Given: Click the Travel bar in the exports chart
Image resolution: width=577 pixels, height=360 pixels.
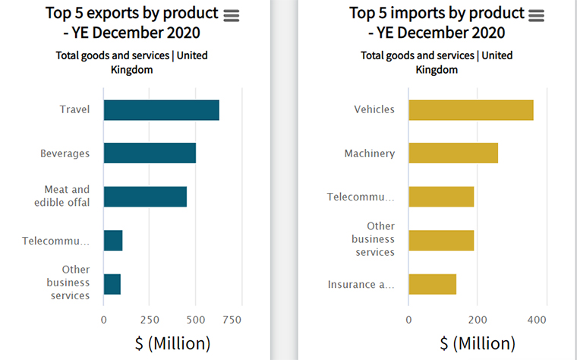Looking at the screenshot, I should point(161,110).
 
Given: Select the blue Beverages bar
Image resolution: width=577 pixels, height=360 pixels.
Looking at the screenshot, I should point(150,153).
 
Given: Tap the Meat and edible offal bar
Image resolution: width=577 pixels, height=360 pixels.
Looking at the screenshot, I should point(145,197).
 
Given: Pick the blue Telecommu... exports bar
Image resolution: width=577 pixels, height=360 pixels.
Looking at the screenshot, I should point(113,241).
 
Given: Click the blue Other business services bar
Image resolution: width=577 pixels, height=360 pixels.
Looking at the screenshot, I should point(112,284).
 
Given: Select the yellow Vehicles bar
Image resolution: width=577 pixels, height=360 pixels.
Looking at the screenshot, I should point(471,109).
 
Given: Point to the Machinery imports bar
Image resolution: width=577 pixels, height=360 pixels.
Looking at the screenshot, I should point(453,153).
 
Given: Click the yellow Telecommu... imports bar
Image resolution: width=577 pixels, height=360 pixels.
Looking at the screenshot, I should point(441,197).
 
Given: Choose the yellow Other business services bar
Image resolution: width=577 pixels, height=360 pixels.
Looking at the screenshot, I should point(441,240).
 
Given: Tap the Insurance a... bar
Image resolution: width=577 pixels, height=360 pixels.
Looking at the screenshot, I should point(432,284).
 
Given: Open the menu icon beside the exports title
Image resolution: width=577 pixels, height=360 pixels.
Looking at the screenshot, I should point(231,15).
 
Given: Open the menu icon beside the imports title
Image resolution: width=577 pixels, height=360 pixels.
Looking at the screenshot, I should point(536,15).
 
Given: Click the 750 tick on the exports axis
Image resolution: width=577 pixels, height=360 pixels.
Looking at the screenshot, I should point(232,320).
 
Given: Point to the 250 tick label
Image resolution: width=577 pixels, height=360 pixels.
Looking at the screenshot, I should point(150,320).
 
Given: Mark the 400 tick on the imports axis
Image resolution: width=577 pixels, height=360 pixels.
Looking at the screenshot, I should point(536,320).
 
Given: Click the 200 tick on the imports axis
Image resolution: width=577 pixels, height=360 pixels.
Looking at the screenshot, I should point(478,320).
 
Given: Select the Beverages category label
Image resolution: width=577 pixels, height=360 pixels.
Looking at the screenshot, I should point(65,153).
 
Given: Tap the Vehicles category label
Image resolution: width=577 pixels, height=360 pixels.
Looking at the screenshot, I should point(374,109).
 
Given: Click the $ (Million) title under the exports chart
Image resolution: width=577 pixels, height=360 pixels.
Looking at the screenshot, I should point(172,343).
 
